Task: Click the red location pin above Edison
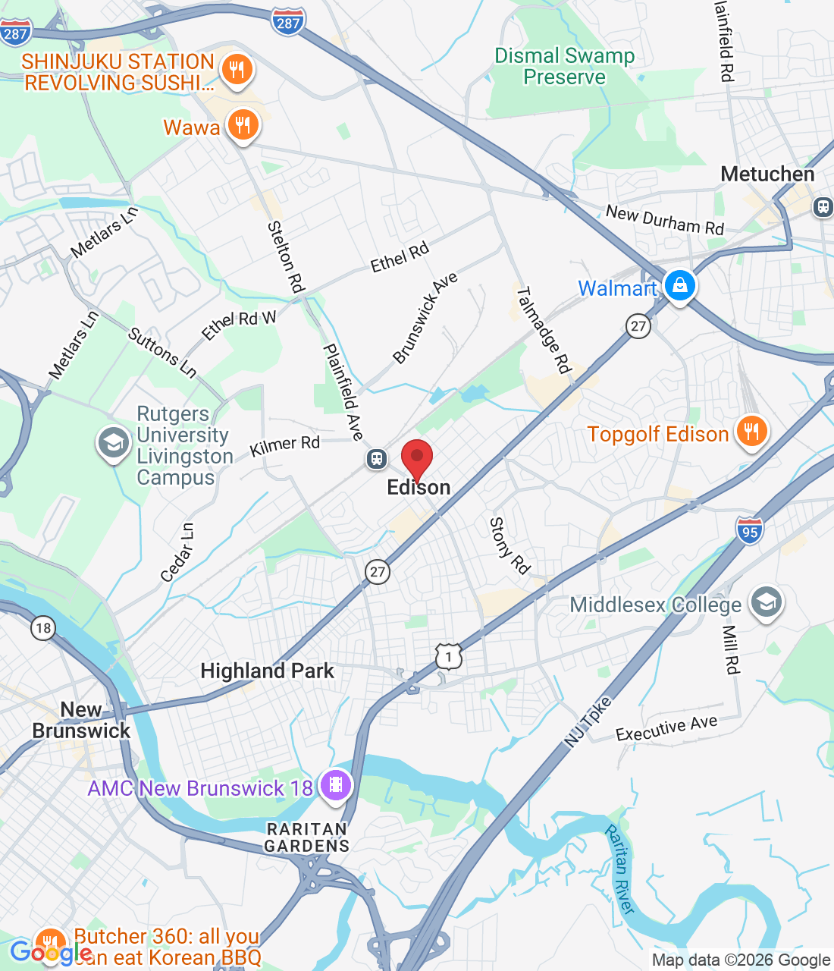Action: (x=416, y=457)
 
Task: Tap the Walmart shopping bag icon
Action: (x=680, y=286)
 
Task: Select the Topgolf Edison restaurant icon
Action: (x=751, y=432)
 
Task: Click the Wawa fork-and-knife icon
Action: (x=243, y=125)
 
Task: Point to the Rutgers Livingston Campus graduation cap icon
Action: (x=114, y=444)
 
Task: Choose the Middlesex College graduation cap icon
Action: (x=766, y=603)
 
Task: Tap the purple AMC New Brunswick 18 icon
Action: (x=336, y=785)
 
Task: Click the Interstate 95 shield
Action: (x=750, y=530)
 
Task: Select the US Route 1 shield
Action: (x=449, y=656)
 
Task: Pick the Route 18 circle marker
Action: (x=43, y=627)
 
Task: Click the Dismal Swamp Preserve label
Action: (x=565, y=67)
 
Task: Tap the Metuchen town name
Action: (x=767, y=174)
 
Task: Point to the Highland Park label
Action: (x=267, y=671)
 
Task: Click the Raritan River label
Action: (x=620, y=869)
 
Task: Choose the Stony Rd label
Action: (x=509, y=545)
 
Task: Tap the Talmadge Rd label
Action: (x=543, y=330)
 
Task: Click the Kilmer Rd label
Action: (x=285, y=446)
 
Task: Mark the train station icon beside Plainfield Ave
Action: (x=376, y=458)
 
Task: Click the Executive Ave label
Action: (x=666, y=728)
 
